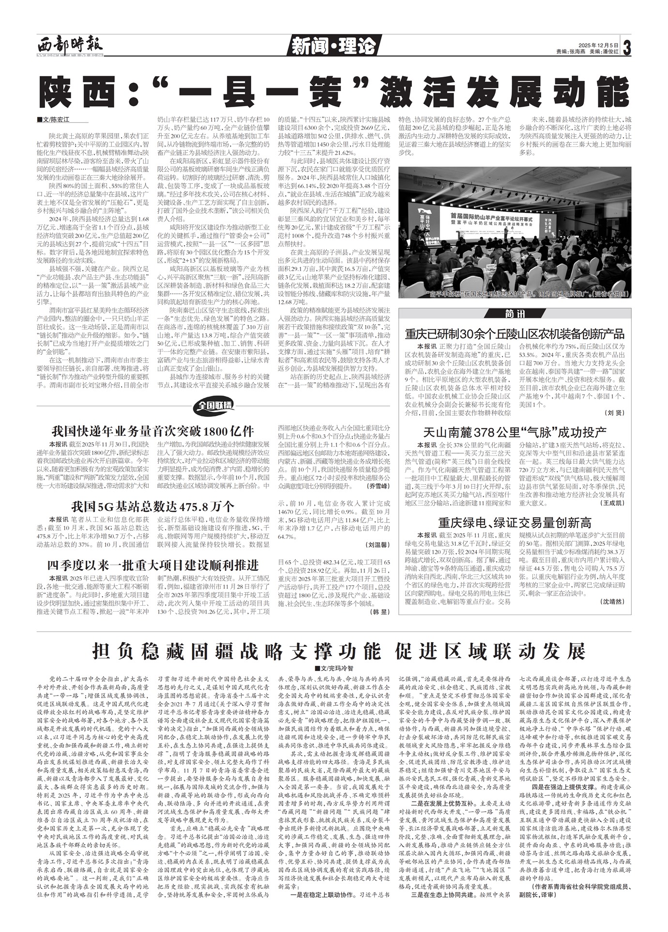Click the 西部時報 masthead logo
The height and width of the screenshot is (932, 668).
point(71,47)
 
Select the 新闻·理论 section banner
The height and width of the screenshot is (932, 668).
point(334,47)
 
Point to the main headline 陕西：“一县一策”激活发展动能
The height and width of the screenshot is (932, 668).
point(334,90)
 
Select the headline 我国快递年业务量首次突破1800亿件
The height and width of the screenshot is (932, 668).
point(153,431)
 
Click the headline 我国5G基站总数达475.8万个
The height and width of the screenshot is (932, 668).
point(153,507)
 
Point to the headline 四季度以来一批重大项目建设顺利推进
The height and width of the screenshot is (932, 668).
point(153,565)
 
